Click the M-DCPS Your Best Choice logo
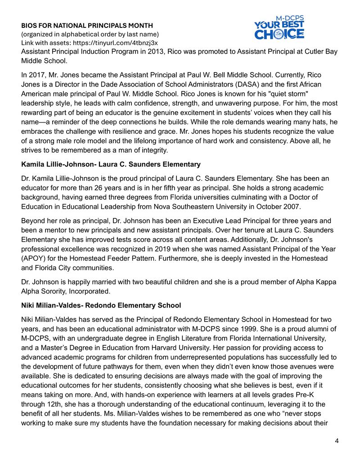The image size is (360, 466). point(279,28)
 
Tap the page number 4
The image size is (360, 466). point(337,440)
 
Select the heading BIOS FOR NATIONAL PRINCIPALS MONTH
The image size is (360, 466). point(87,26)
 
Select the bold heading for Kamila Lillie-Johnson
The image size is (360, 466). point(111,164)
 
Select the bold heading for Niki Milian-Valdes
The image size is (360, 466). point(101,305)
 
